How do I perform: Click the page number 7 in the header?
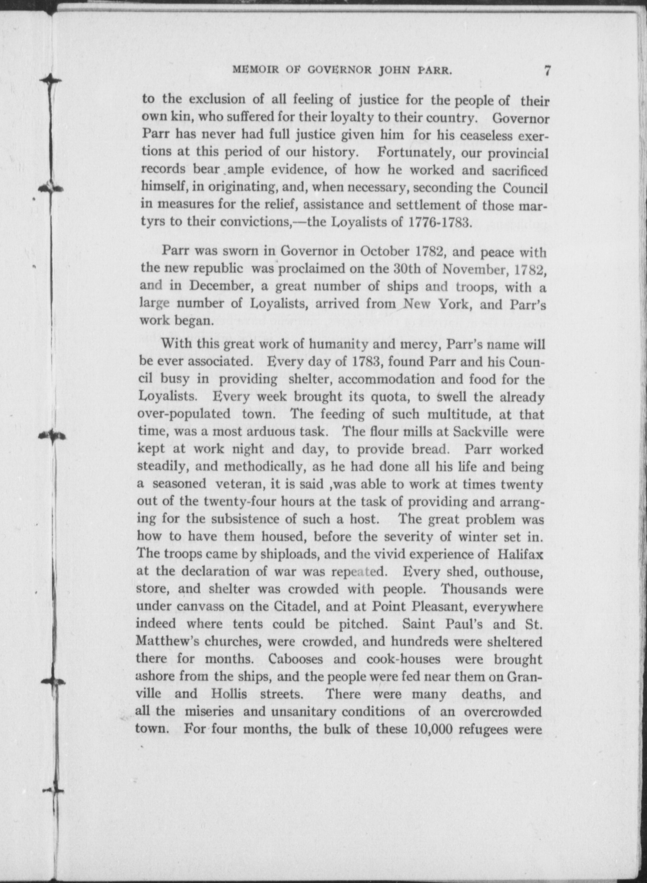547,70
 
